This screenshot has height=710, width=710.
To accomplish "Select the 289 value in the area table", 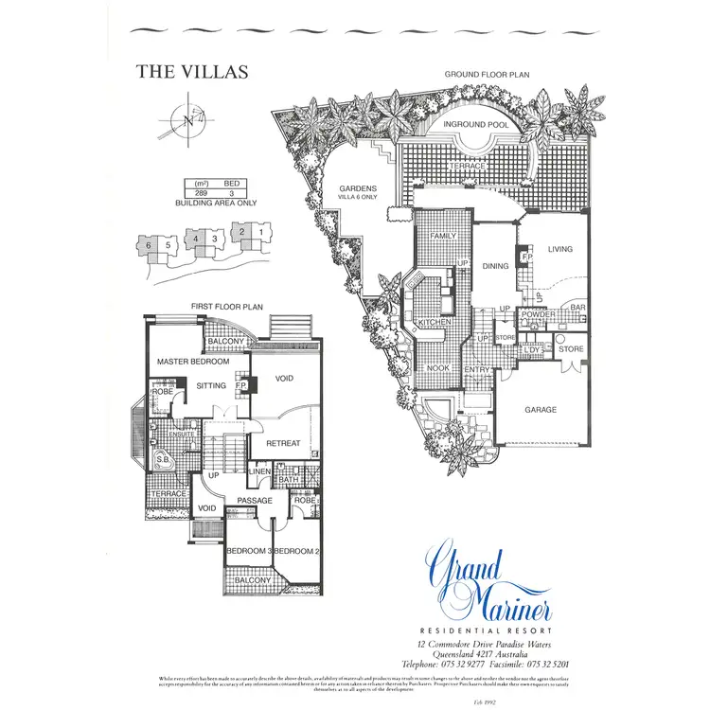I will [201, 192].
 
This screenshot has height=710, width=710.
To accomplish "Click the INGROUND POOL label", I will [478, 124].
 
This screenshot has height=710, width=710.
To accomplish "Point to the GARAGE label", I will [541, 410].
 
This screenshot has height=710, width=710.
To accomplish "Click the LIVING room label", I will [560, 250].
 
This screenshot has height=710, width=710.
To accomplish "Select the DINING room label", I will [496, 266].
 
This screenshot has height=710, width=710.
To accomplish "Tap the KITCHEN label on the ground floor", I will [435, 323].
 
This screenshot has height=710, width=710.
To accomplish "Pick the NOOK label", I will [438, 368].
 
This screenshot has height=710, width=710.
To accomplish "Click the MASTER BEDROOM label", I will [193, 362].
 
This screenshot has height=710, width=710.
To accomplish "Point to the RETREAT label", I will [283, 443].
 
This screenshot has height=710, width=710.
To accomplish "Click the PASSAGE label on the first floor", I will [255, 501].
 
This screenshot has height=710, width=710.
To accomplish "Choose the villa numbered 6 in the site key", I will [149, 245].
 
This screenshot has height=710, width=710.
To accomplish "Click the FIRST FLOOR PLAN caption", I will [226, 307].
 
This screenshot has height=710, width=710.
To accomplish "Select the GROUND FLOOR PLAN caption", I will [488, 74].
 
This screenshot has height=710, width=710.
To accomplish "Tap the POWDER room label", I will [539, 341].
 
